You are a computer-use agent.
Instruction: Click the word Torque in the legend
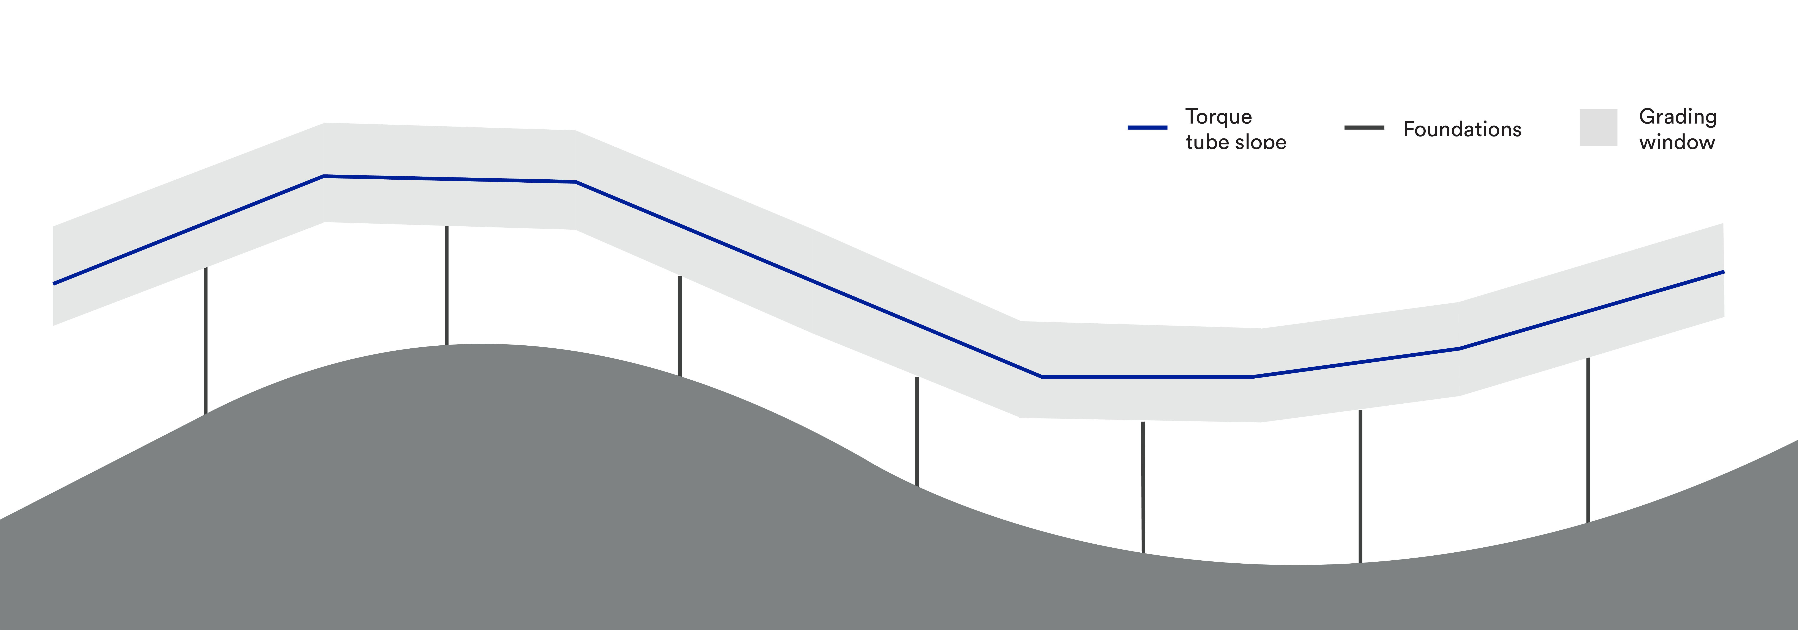coord(1218,116)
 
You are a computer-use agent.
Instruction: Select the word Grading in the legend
coord(1677,116)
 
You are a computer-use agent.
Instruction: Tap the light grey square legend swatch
coord(1598,128)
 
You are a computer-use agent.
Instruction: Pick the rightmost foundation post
coord(1589,440)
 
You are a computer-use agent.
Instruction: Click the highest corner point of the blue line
coord(324,177)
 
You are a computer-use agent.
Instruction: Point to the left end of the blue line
coord(54,283)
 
